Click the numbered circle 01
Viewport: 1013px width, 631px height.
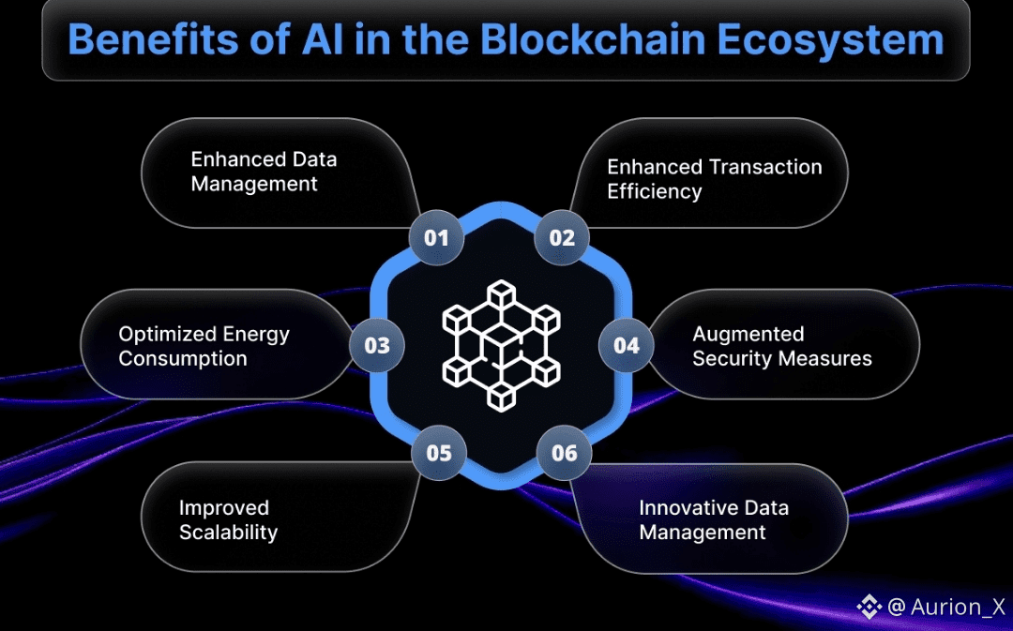pyautogui.click(x=436, y=237)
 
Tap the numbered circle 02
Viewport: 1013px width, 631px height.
pyautogui.click(x=562, y=237)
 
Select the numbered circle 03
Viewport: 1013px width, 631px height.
pyautogui.click(x=377, y=345)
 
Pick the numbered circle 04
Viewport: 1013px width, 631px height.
pyautogui.click(x=627, y=345)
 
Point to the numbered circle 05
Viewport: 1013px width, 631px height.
pyautogui.click(x=439, y=454)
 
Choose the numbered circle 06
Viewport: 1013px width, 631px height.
pyautogui.click(x=565, y=454)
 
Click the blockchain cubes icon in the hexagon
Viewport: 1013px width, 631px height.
pyautogui.click(x=501, y=345)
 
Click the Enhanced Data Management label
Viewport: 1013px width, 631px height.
pyautogui.click(x=264, y=172)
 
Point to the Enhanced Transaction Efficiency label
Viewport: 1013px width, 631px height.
pyautogui.click(x=714, y=179)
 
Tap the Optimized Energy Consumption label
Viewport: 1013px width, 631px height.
pyautogui.click(x=204, y=346)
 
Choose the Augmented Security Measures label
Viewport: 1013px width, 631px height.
pyautogui.click(x=781, y=346)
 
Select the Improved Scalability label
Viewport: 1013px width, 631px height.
pyautogui.click(x=228, y=520)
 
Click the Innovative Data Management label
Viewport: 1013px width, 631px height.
pyautogui.click(x=713, y=520)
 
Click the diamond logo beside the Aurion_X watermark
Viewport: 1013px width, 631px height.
pyautogui.click(x=869, y=607)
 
